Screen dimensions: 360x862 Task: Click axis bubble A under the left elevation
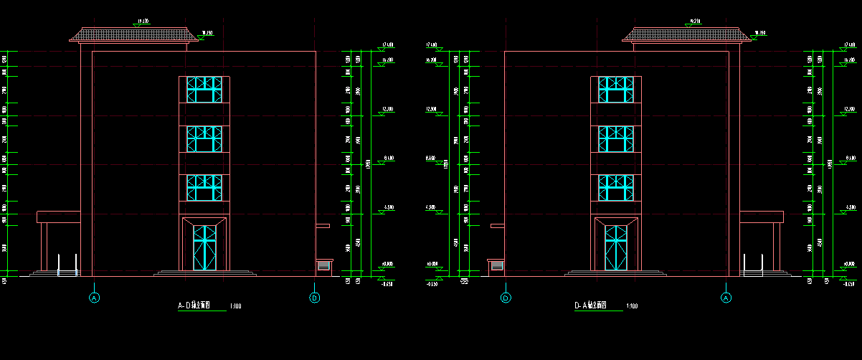coord(93,298)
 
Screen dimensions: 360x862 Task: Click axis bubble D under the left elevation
coord(314,298)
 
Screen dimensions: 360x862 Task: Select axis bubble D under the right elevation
coord(506,298)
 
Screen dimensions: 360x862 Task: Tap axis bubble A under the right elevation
coord(726,298)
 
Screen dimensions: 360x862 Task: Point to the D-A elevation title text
coord(590,305)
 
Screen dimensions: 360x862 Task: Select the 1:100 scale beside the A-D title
coord(235,307)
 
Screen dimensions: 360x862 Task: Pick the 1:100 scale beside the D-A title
coord(632,307)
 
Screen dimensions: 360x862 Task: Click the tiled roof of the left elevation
coord(133,35)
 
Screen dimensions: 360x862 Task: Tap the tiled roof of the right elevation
coord(687,35)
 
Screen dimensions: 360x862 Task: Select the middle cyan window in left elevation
coord(205,139)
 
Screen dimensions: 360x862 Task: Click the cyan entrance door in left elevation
coord(205,247)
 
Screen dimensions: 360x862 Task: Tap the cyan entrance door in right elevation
coord(616,247)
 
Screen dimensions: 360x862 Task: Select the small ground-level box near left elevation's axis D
coord(323,266)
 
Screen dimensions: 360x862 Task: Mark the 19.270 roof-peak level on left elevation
coord(143,22)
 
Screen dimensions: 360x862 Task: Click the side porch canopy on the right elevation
coord(761,217)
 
